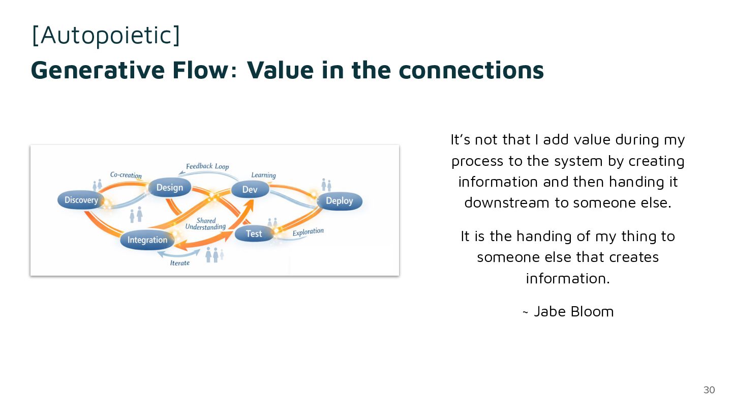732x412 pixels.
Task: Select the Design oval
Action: pyautogui.click(x=169, y=188)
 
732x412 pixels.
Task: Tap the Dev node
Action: pyautogui.click(x=250, y=190)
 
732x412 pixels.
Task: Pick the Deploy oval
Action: pyautogui.click(x=339, y=201)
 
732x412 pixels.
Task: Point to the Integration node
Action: pyautogui.click(x=147, y=240)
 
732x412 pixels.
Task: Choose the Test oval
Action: pyautogui.click(x=254, y=233)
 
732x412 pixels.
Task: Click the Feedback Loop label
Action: pyautogui.click(x=207, y=166)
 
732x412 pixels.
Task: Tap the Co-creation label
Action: pyautogui.click(x=126, y=175)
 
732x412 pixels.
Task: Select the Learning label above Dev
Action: pyautogui.click(x=263, y=175)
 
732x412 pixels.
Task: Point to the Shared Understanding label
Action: pyautogui.click(x=205, y=224)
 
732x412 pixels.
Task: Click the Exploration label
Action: pyautogui.click(x=308, y=232)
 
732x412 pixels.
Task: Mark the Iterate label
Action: pyautogui.click(x=180, y=263)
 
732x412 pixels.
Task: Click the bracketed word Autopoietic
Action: pyautogui.click(x=106, y=36)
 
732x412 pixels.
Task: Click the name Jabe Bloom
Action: pyautogui.click(x=573, y=311)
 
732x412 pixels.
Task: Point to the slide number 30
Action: pyautogui.click(x=709, y=390)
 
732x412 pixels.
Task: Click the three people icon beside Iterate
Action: pyautogui.click(x=215, y=254)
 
